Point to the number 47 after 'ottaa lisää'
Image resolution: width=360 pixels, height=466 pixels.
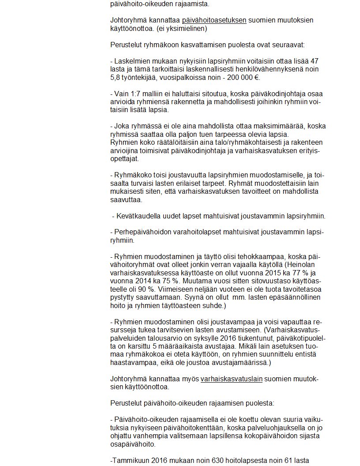coord(314,61)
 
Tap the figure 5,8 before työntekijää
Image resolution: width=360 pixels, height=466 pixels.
coord(115,78)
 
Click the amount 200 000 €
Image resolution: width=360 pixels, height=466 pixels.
coord(242,78)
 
